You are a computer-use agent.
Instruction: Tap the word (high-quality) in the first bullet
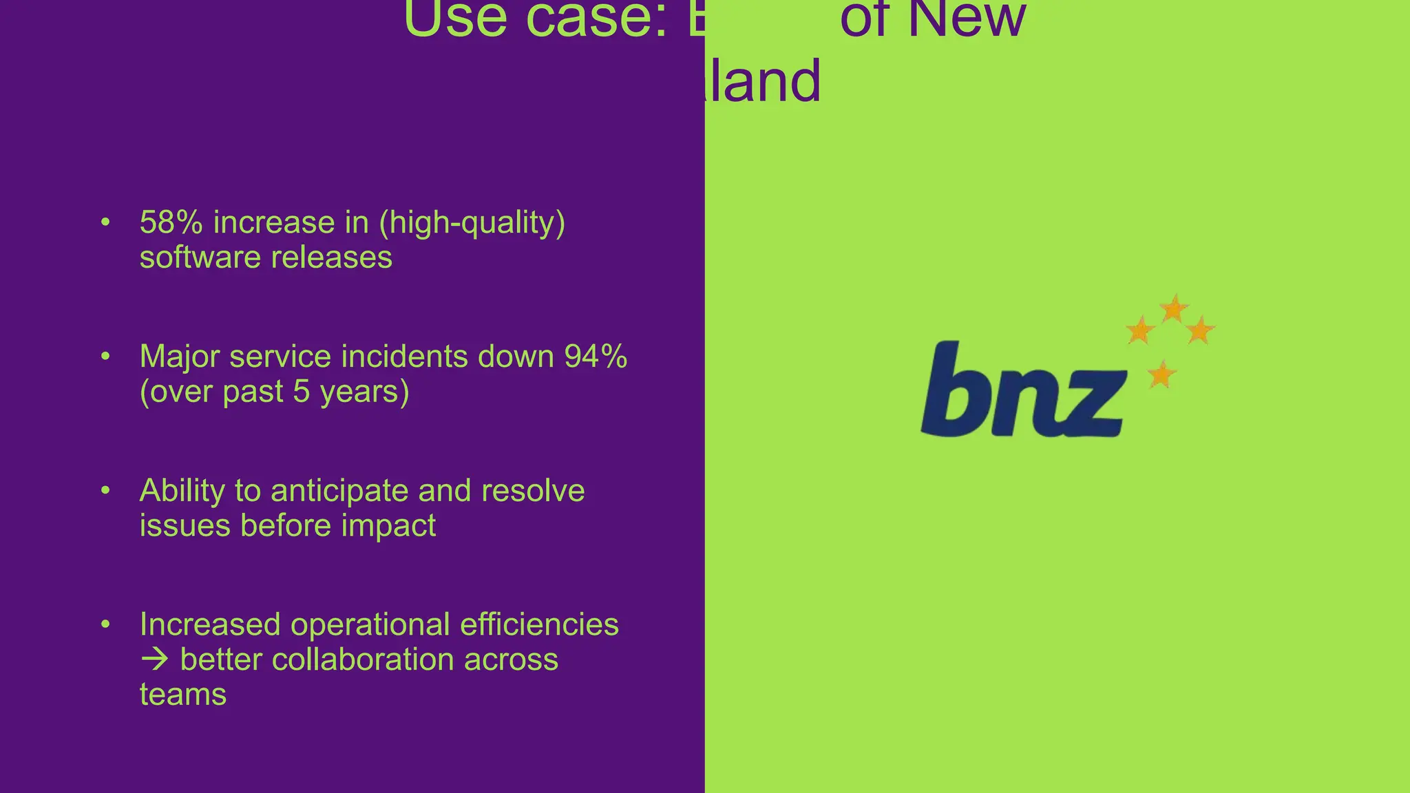[x=472, y=223]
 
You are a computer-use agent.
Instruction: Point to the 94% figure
[x=596, y=357]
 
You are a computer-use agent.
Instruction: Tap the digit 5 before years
[x=301, y=392]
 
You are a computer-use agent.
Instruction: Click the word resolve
[x=533, y=491]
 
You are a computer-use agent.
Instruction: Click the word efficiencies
[x=539, y=625]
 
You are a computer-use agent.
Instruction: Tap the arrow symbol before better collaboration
[x=154, y=660]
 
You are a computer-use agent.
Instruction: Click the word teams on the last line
[x=182, y=695]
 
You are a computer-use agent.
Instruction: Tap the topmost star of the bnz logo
[x=1173, y=308]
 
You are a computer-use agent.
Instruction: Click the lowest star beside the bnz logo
[x=1161, y=375]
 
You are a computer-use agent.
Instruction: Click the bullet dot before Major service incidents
[x=105, y=357]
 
